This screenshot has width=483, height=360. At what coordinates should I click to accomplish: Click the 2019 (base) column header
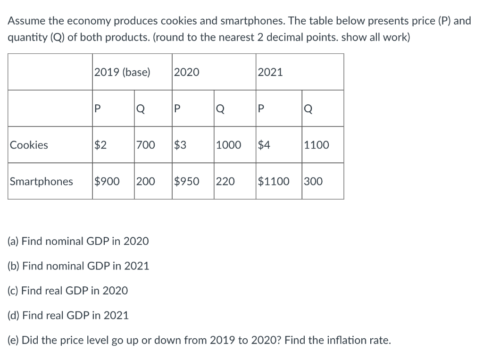(122, 72)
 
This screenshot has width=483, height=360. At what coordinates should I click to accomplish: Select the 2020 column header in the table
(187, 72)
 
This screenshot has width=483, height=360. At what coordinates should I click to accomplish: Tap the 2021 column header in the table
(270, 72)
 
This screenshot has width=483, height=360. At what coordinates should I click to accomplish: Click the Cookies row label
(29, 145)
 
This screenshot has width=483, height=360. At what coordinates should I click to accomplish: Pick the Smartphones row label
(42, 181)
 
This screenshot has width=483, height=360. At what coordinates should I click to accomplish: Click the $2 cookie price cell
(100, 145)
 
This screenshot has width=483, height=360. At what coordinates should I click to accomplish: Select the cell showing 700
(145, 145)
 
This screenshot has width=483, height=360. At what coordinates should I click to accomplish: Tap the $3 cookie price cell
(180, 145)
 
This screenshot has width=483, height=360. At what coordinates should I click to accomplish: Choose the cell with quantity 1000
(228, 145)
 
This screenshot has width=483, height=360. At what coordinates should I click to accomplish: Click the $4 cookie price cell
(264, 145)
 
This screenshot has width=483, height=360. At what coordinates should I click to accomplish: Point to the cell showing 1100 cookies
(316, 145)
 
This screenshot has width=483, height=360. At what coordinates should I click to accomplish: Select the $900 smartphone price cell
(107, 181)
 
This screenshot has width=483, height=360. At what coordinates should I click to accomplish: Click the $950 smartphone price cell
(187, 181)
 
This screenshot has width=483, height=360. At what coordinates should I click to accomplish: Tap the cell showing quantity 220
(225, 181)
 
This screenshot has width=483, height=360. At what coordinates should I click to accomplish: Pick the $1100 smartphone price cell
(274, 181)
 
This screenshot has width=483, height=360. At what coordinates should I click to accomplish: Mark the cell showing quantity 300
(313, 181)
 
